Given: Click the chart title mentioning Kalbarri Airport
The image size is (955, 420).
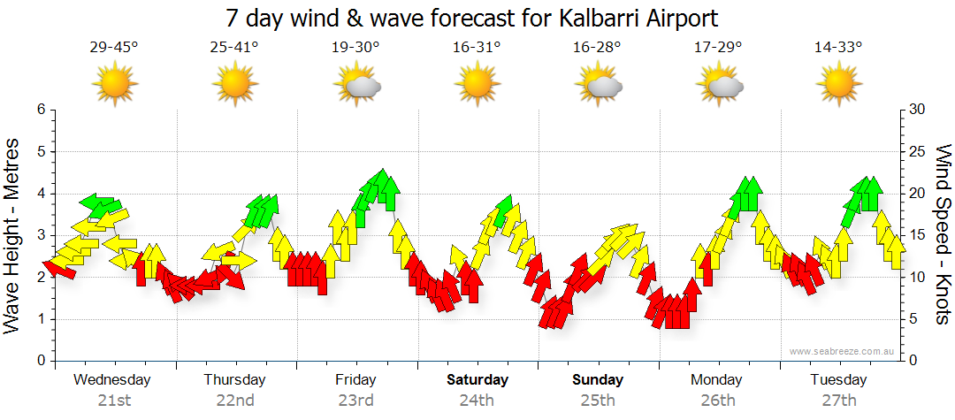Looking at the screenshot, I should pyautogui.click(x=471, y=18).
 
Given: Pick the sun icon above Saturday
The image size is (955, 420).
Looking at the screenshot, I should pyautogui.click(x=476, y=85).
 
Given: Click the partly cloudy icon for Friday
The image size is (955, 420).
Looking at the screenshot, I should pyautogui.click(x=357, y=86).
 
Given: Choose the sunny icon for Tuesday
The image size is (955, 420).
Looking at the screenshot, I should pyautogui.click(x=838, y=85).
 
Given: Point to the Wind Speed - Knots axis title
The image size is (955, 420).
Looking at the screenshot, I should pyautogui.click(x=943, y=234).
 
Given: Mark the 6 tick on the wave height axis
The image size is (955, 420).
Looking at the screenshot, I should pyautogui.click(x=40, y=110).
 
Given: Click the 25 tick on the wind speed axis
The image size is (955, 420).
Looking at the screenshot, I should pyautogui.click(x=918, y=151).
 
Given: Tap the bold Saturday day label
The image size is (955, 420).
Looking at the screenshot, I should pyautogui.click(x=477, y=380).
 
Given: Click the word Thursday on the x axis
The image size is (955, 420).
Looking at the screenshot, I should pyautogui.click(x=234, y=380).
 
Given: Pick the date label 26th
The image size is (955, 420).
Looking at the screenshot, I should pyautogui.click(x=718, y=401).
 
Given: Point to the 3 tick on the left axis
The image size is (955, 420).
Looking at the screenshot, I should pyautogui.click(x=40, y=235).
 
